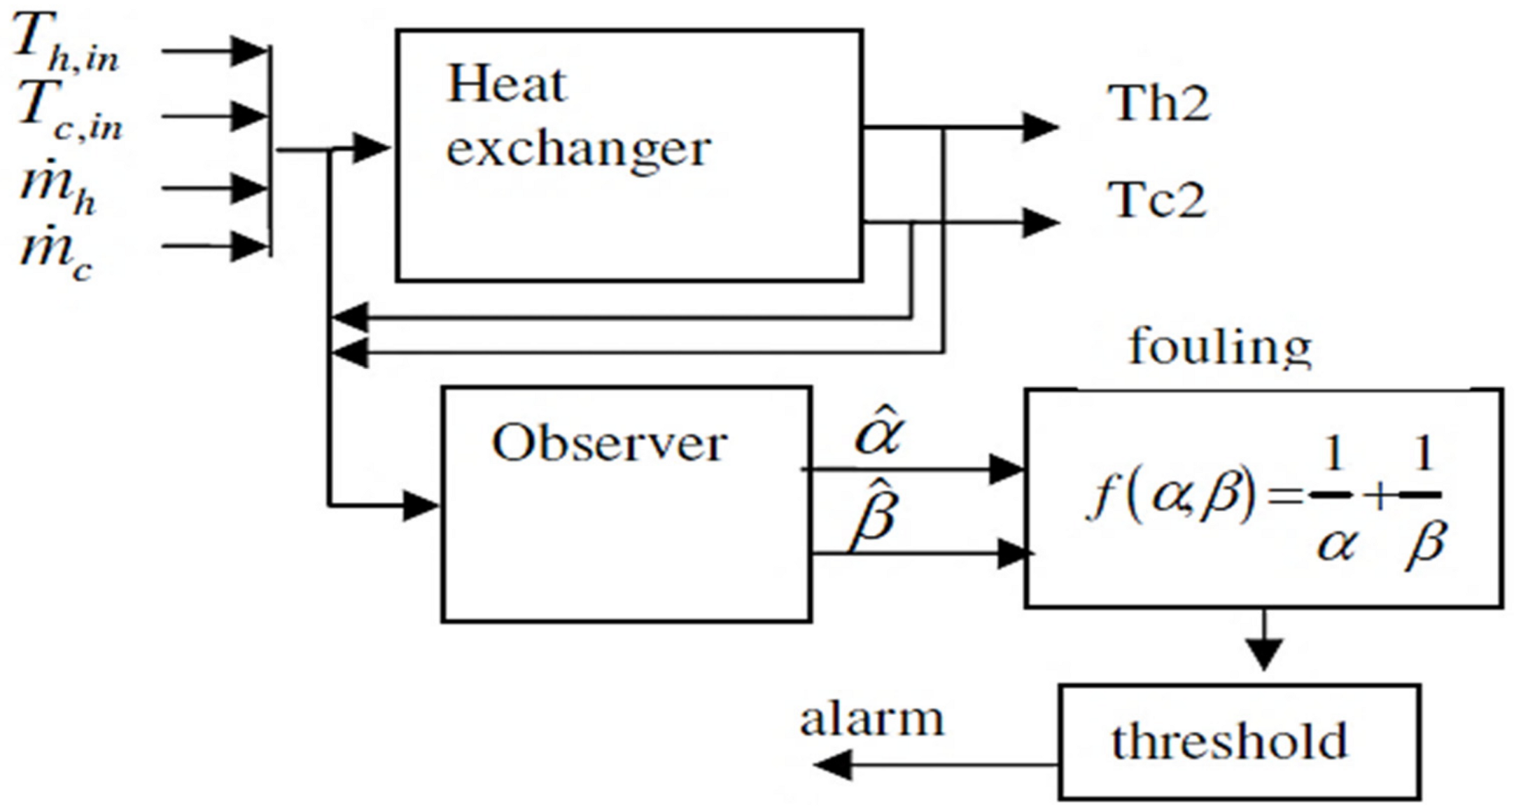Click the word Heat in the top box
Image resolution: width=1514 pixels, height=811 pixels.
point(505,84)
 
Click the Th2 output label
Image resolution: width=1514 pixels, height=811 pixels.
point(1158,104)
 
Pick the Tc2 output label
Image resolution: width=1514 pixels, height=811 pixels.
point(1156,200)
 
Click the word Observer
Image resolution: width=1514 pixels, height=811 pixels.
point(609,444)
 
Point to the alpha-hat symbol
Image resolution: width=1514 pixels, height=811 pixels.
point(879,432)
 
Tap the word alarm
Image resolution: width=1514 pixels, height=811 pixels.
point(872,719)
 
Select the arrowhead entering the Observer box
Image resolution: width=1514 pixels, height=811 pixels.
point(420,504)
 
